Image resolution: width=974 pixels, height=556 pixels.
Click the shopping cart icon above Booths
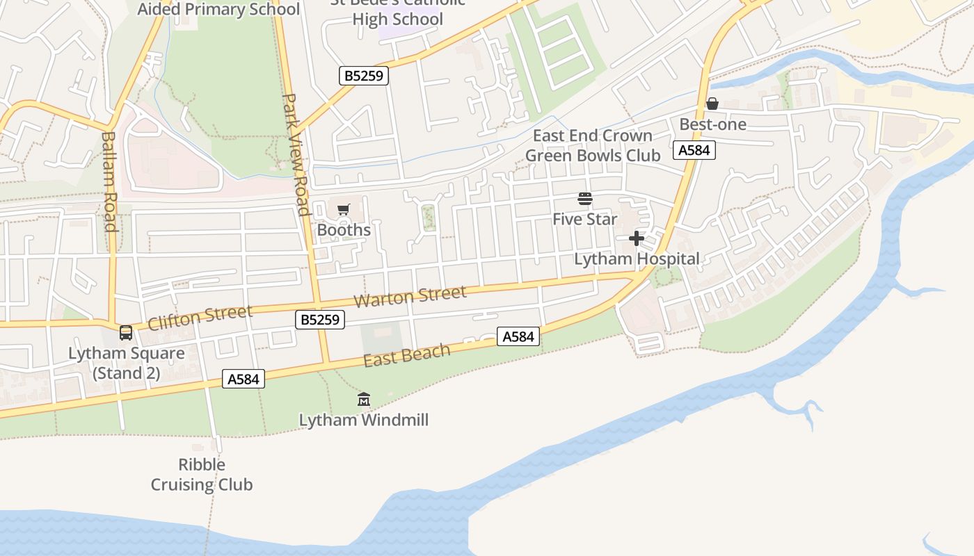[x=343, y=209]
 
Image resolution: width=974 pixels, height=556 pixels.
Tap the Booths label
[x=344, y=229]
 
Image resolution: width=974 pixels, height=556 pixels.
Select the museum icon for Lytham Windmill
[x=364, y=400]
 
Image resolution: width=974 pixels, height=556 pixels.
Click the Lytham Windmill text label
[x=364, y=420]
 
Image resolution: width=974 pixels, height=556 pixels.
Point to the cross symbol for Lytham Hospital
[x=637, y=239]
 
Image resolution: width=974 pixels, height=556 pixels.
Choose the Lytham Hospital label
[x=637, y=259]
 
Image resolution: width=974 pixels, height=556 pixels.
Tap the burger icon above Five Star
[x=584, y=199]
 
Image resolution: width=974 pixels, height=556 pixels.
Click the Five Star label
[x=584, y=220]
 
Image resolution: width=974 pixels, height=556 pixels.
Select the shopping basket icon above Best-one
[x=712, y=104]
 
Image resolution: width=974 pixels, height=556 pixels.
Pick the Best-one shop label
[x=712, y=124]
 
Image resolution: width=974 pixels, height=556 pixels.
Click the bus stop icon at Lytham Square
[x=126, y=333]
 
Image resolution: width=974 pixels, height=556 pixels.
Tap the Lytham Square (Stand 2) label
[x=127, y=363]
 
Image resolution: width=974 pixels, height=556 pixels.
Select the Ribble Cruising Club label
[x=202, y=474]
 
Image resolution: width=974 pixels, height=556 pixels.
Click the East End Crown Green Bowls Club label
[x=593, y=145]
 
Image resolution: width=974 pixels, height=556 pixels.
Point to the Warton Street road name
[x=410, y=297]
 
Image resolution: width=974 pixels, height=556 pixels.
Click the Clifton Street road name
[x=200, y=317]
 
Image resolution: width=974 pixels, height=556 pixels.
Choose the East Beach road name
[x=407, y=354]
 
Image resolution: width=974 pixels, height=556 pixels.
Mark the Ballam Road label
[x=109, y=181]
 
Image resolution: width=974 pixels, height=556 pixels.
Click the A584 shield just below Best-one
[x=694, y=150]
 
